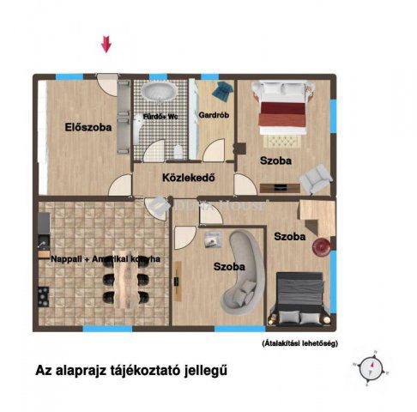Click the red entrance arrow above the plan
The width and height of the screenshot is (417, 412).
pos(106,44)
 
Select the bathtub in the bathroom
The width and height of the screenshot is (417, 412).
pos(160,93)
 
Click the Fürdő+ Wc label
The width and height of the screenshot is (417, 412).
pos(160,115)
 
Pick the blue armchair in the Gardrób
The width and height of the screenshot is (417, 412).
pos(223,89)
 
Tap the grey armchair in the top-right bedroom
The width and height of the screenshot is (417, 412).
pos(316,177)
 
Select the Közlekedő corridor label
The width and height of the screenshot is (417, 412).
pos(187,179)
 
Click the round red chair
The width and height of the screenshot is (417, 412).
pos(322,246)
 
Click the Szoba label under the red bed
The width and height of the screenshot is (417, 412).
pos(275,161)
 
